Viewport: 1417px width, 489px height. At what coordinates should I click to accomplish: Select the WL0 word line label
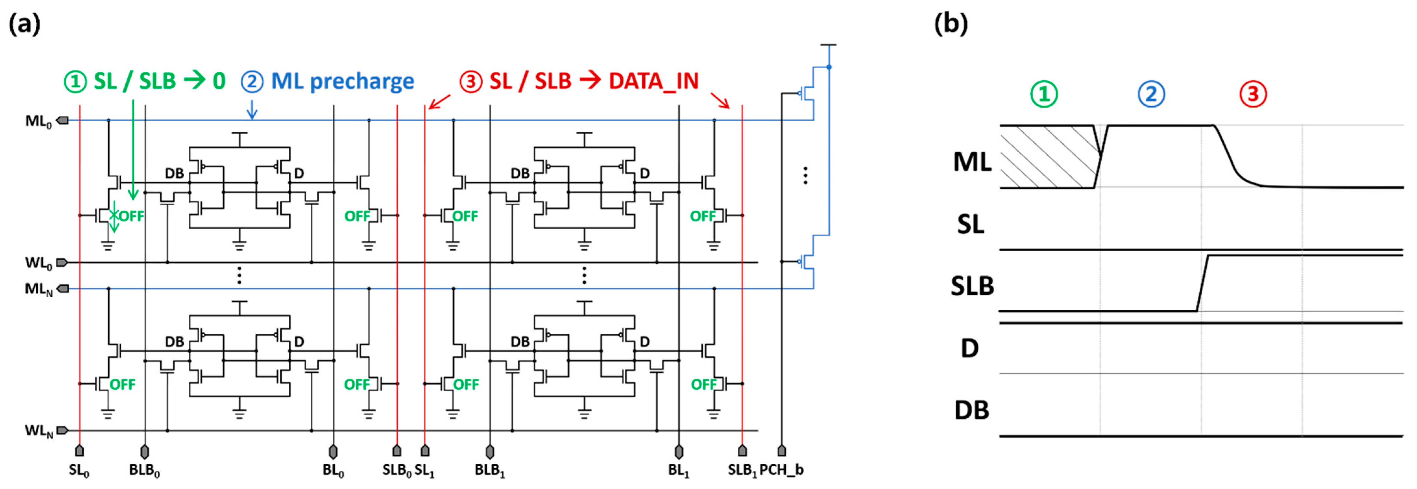tap(39, 263)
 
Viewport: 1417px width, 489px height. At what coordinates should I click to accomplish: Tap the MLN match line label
tap(39, 289)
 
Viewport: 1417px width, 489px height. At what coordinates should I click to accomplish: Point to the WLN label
tap(39, 431)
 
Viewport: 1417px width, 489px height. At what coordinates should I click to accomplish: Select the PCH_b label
tap(781, 470)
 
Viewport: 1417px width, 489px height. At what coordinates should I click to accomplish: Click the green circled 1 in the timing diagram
tap(1044, 94)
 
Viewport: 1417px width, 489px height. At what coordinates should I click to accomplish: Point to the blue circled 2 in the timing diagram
tap(1151, 94)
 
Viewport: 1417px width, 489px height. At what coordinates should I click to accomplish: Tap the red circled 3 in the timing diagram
tap(1253, 94)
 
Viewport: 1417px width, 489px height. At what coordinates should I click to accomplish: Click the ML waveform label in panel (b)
tap(972, 162)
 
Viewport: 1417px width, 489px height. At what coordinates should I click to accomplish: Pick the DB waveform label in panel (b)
tap(972, 410)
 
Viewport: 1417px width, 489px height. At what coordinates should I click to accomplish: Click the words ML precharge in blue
tap(342, 81)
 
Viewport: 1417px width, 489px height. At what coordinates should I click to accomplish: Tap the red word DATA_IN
tap(653, 81)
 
